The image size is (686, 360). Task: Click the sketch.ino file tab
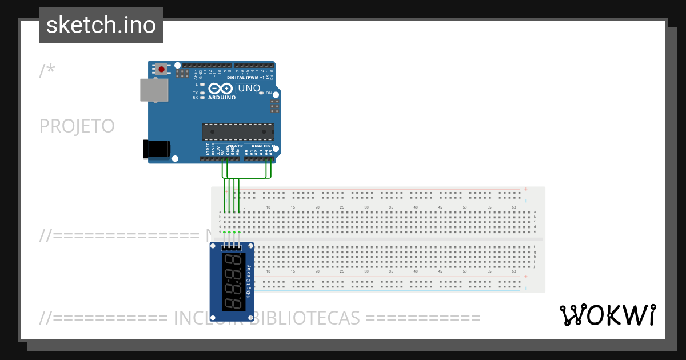coord(101,25)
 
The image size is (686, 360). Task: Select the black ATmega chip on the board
coord(238,132)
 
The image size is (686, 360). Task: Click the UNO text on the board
coord(249,89)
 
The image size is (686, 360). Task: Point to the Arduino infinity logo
coord(221,89)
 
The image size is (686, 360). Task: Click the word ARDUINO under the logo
coord(222,98)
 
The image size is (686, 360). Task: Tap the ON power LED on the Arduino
coord(261,93)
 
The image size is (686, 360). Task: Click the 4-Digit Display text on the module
coord(249,282)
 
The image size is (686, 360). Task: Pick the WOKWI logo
coord(607,315)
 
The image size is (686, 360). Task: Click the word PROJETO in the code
coord(77,126)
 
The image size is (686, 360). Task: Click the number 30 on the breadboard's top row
coord(366,207)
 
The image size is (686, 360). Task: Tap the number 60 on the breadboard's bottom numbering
coord(514,272)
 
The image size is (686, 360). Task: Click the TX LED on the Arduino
coord(202,93)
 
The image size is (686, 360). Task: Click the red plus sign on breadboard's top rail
coord(525,189)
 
